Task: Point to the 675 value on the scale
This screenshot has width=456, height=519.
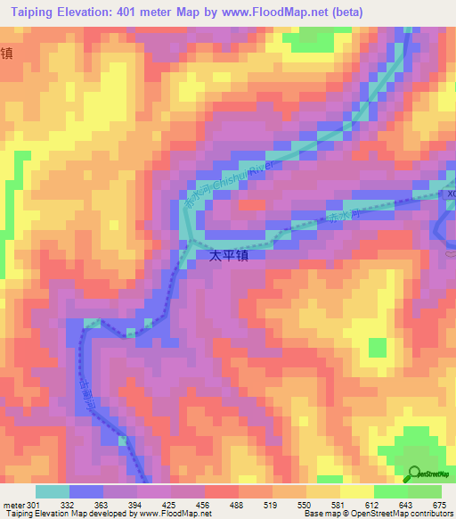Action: pos(439,506)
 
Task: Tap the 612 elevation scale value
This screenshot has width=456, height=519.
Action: pos(371,506)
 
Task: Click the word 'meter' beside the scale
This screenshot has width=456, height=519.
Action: pos(14,506)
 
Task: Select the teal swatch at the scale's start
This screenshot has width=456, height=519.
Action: pos(52,491)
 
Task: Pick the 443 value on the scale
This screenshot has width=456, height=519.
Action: pos(404,506)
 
